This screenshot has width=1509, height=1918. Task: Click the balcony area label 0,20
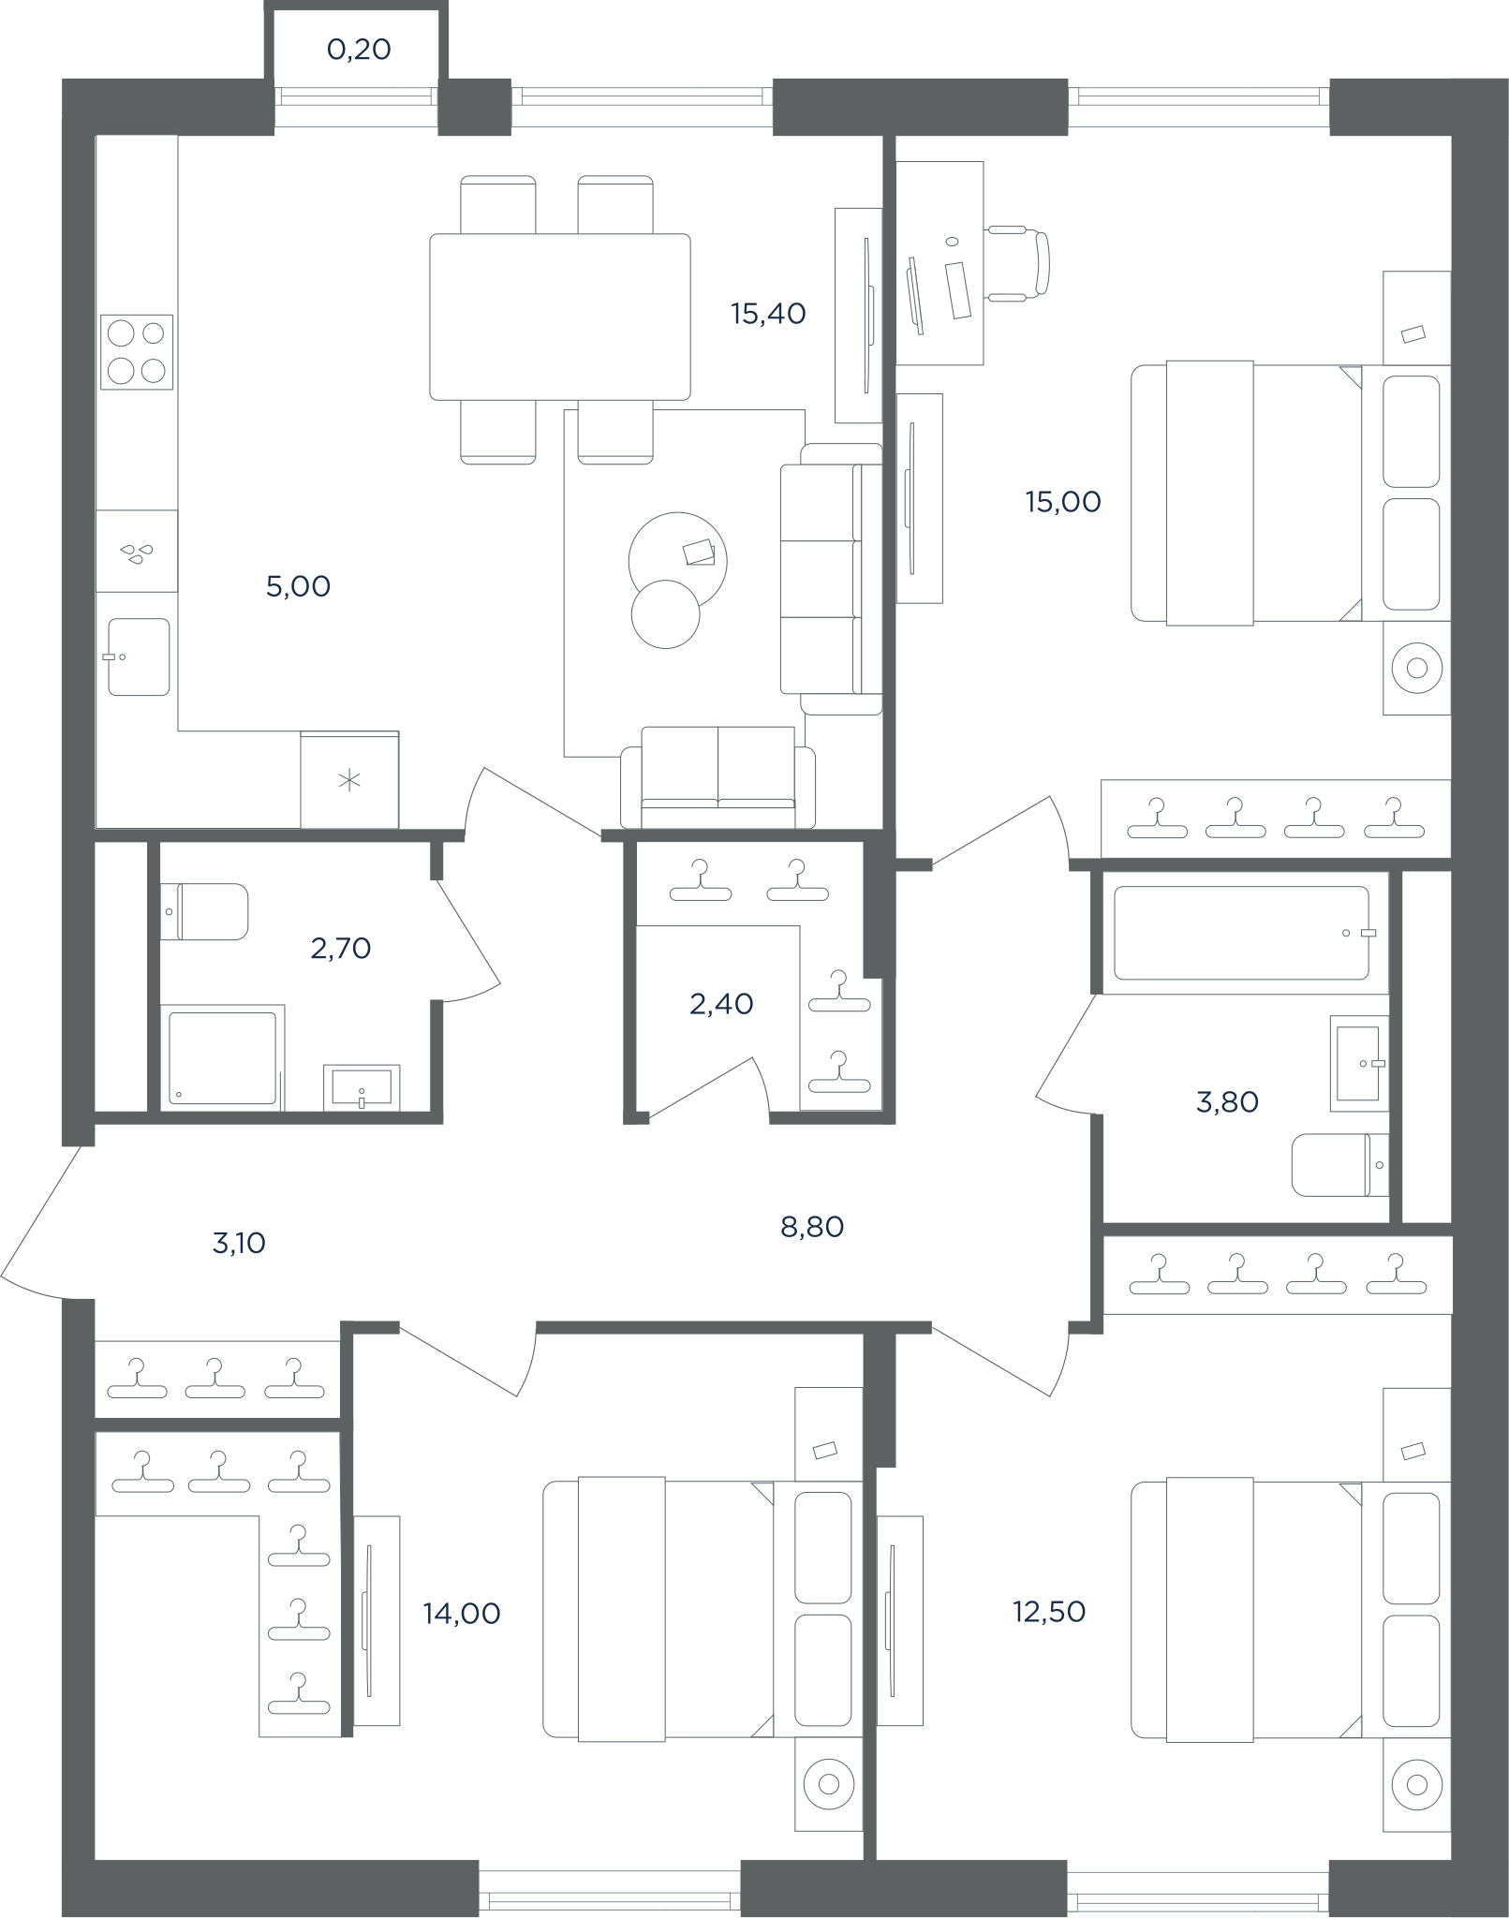(x=359, y=50)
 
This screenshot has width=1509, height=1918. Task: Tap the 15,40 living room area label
(x=768, y=314)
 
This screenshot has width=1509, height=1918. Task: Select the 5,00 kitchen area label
(x=299, y=587)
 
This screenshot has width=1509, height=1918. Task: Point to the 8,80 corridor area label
(x=812, y=1227)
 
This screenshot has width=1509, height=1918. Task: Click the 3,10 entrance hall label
(x=239, y=1243)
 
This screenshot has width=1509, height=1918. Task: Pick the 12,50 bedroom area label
(x=1049, y=1612)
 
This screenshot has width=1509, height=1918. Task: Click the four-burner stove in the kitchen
(x=137, y=352)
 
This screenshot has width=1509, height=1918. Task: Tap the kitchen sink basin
(x=139, y=657)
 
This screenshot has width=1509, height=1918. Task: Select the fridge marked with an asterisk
(x=349, y=779)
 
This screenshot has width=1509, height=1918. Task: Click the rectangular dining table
(x=560, y=317)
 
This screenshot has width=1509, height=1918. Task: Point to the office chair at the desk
(x=1017, y=263)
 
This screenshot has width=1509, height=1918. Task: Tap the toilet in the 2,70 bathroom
(x=204, y=911)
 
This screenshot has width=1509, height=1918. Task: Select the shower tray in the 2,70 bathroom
(x=222, y=1058)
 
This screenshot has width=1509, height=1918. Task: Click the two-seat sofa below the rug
(x=718, y=777)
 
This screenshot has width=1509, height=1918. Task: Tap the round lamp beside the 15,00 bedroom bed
(x=1417, y=668)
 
